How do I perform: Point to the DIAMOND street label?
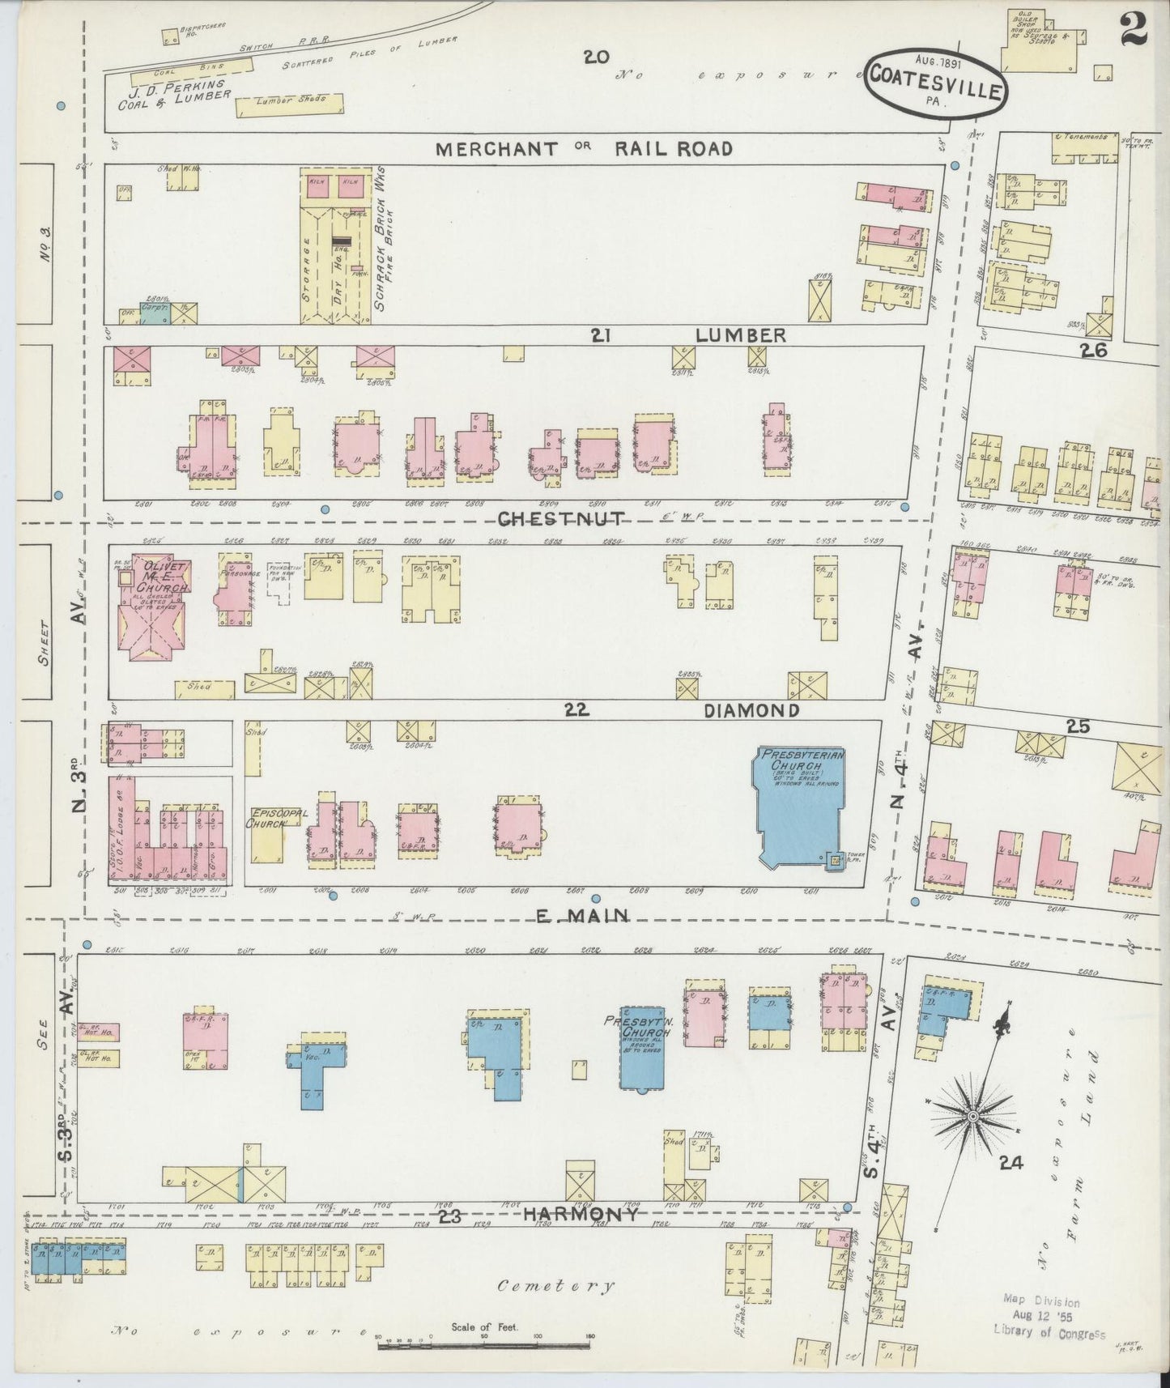click(751, 710)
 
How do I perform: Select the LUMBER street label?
click(740, 334)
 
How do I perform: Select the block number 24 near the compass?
click(1010, 1164)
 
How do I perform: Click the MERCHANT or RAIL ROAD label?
click(583, 149)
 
